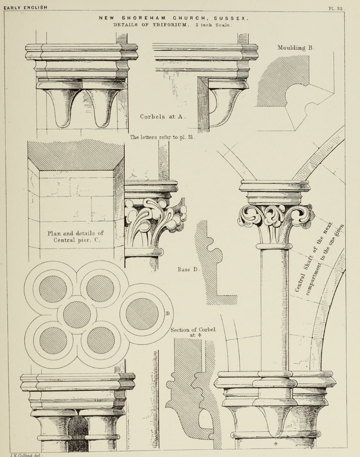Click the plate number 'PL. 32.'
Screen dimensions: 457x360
point(337,9)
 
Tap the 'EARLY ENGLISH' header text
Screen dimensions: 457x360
point(25,7)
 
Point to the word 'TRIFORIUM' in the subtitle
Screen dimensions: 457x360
point(169,25)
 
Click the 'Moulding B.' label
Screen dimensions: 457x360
point(296,48)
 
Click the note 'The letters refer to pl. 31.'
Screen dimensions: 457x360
point(163,137)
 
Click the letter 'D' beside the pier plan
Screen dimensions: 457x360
point(168,313)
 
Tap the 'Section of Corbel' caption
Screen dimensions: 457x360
point(193,330)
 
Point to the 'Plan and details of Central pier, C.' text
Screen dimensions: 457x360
point(75,237)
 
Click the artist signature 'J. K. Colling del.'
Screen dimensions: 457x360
point(26,455)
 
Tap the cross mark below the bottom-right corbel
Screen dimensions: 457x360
point(276,444)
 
